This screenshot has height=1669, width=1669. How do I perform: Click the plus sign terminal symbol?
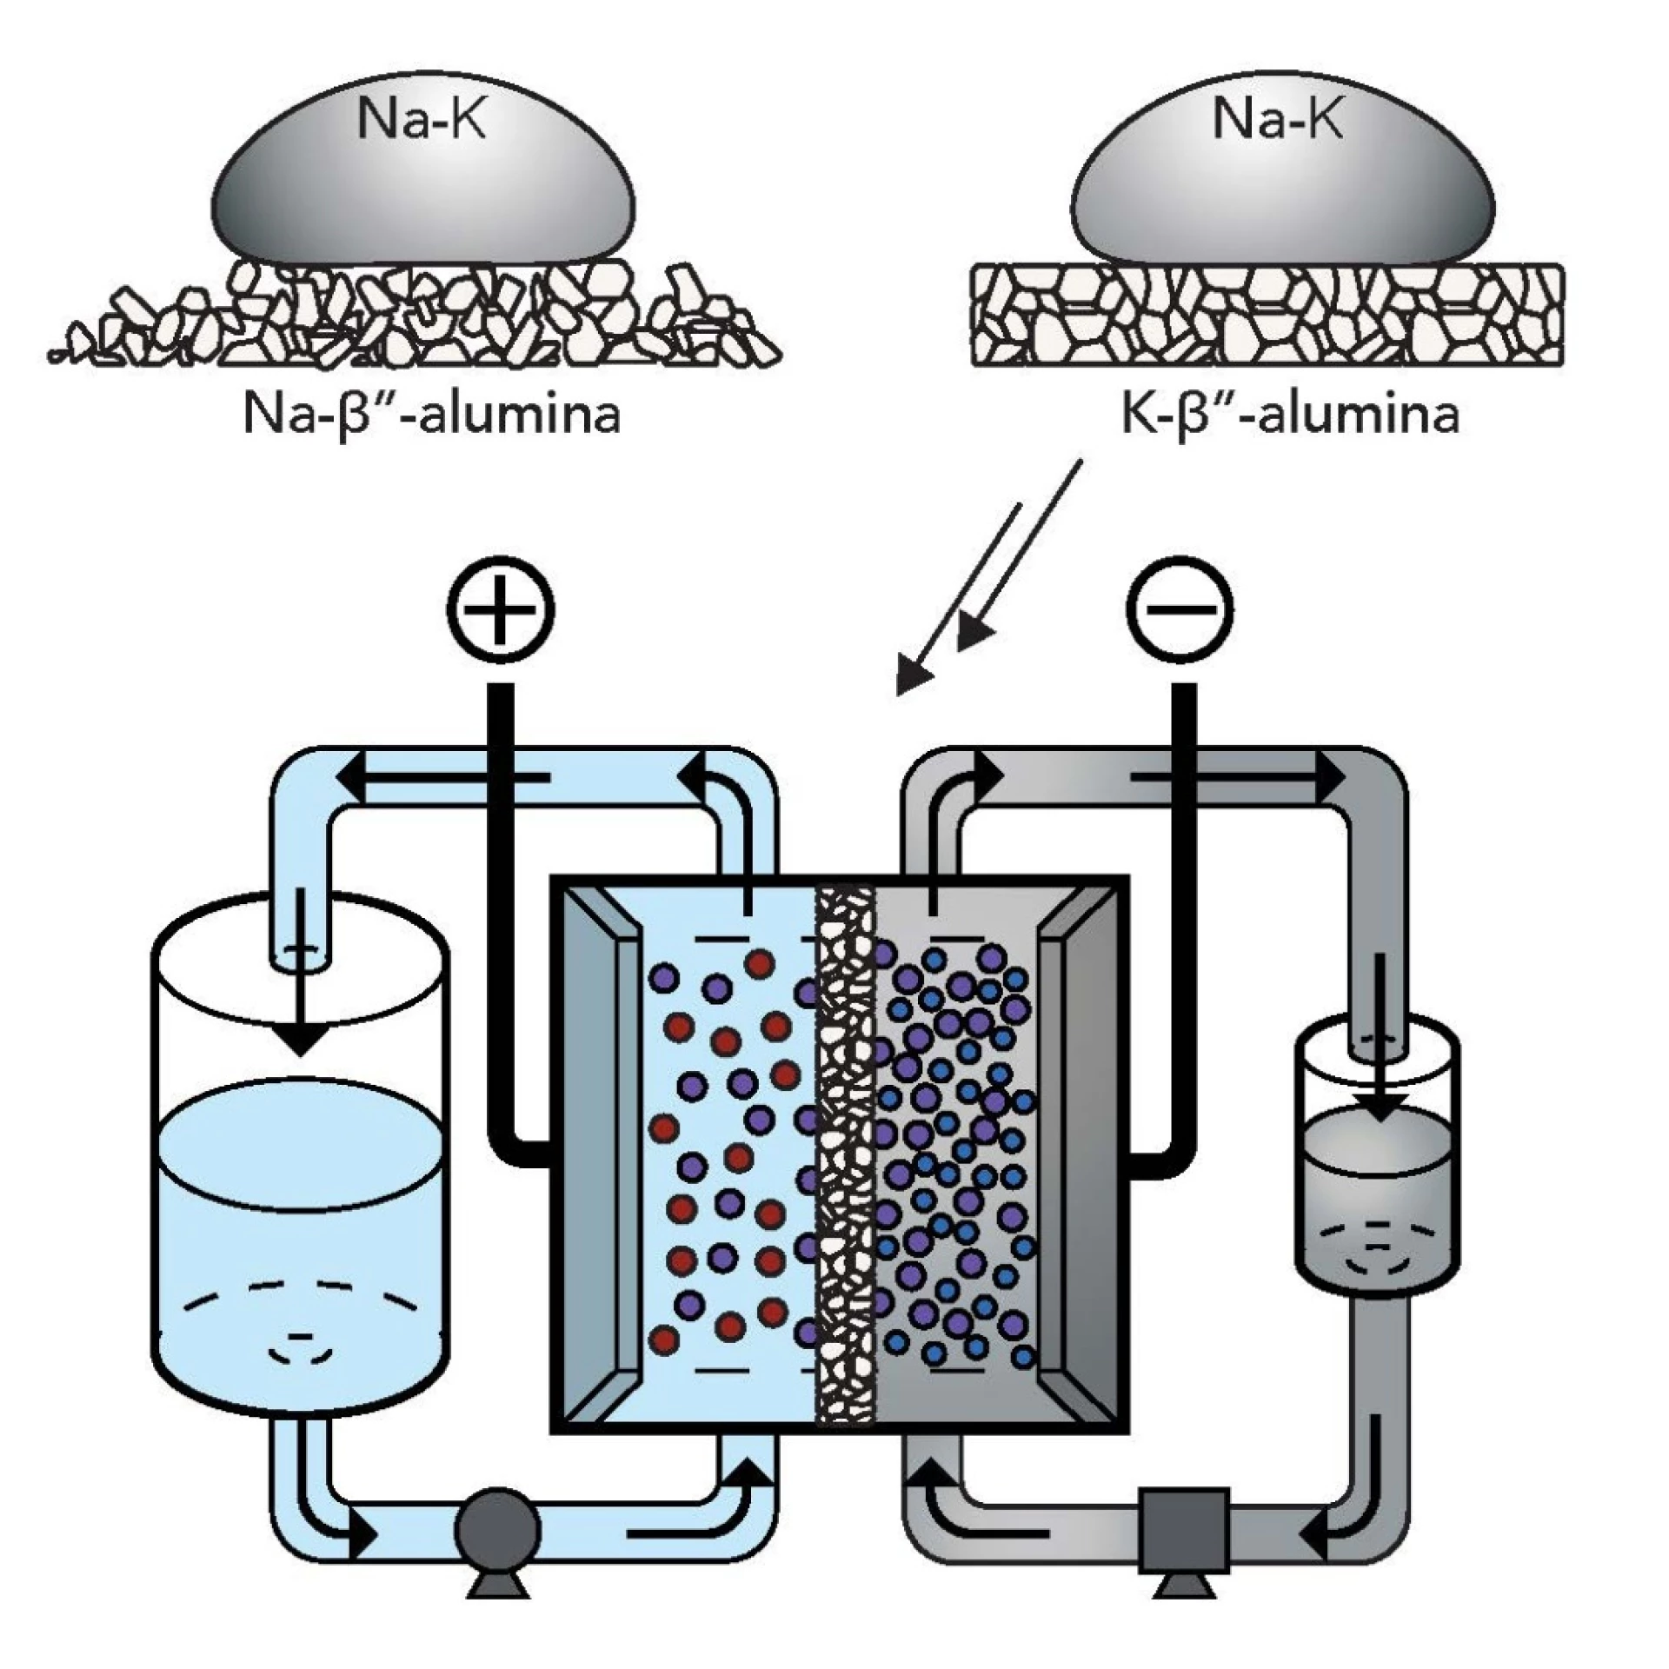pos(502,608)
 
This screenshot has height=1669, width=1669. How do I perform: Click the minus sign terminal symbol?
pos(1180,608)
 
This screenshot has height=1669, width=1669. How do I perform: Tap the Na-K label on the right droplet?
pos(1278,118)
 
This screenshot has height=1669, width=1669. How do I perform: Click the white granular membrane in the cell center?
pos(845,1160)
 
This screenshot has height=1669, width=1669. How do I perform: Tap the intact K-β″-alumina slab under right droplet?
pos(1267,316)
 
